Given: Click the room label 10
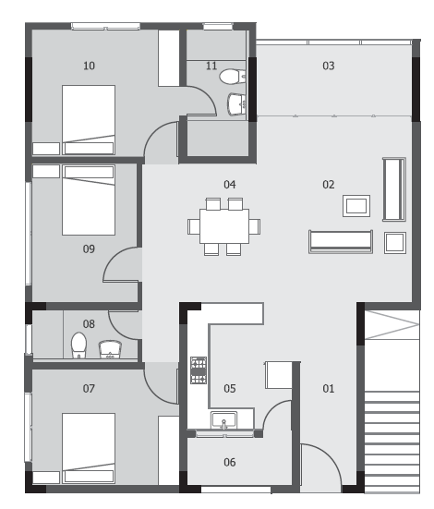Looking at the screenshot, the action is (x=89, y=66).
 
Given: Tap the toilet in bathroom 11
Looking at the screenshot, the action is (x=233, y=77).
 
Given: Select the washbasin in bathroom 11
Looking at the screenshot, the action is (x=237, y=104).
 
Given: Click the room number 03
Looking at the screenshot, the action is (x=328, y=66).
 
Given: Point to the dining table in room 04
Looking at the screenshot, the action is (x=224, y=226).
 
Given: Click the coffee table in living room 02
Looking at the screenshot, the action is (x=356, y=206).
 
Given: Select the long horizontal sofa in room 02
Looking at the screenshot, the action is (x=341, y=241).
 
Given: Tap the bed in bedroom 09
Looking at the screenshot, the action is (x=89, y=200).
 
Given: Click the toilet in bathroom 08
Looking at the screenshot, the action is (x=78, y=345).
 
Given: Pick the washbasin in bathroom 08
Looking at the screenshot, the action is (x=110, y=349).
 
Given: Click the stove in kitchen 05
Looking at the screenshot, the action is (x=199, y=370).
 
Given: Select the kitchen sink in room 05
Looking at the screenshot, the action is (x=224, y=420).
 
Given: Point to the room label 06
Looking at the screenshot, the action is (x=230, y=462).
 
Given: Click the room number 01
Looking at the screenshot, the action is (x=328, y=389).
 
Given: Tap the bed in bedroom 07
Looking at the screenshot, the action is (x=89, y=448).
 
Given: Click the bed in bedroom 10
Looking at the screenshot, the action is (x=89, y=120).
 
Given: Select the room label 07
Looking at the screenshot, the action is (x=89, y=389).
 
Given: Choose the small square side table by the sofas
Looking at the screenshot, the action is (x=395, y=242).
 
